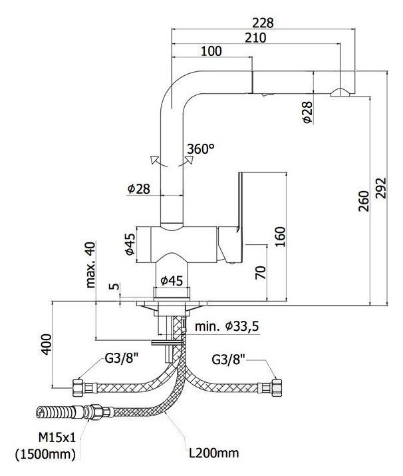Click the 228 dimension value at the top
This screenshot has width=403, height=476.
tap(263, 22)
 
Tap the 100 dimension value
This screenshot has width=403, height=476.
tap(211, 52)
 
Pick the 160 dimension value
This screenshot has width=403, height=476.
tap(279, 235)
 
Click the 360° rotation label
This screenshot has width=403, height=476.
tap(201, 149)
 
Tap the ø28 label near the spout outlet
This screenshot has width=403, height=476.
tap(307, 115)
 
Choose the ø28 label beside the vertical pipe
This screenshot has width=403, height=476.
tap(138, 188)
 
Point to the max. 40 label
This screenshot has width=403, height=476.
tap(90, 264)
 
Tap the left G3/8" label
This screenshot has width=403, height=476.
tap(122, 360)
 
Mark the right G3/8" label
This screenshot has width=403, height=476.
tap(229, 360)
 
